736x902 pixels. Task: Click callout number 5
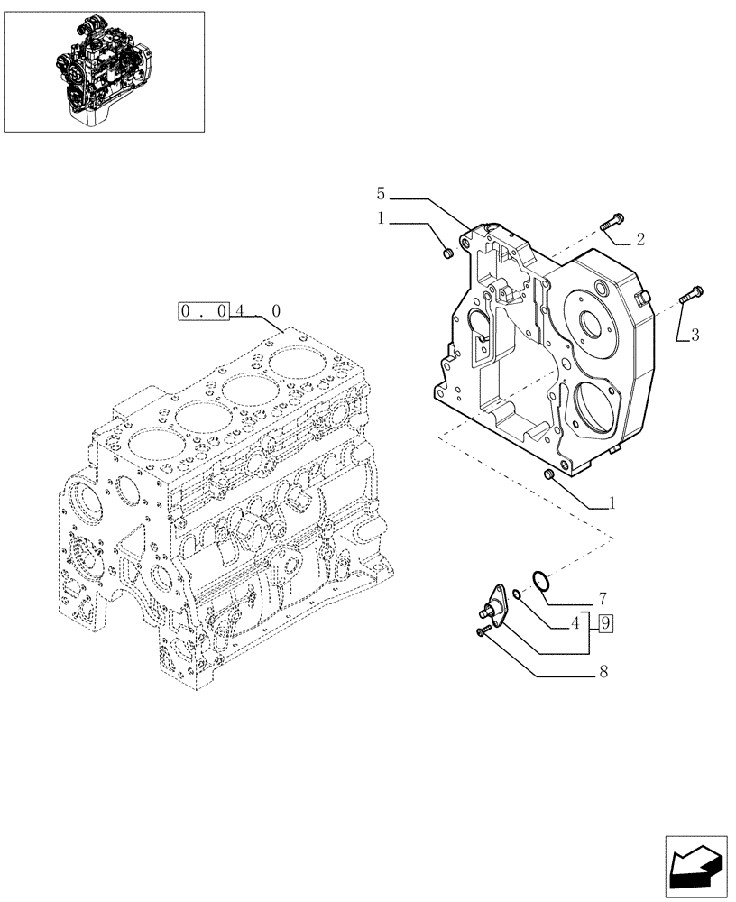pyautogui.click(x=382, y=194)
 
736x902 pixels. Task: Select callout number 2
pyautogui.click(x=639, y=240)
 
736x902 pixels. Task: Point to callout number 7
pyautogui.click(x=602, y=599)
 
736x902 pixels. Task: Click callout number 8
pyautogui.click(x=602, y=672)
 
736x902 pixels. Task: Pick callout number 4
pyautogui.click(x=574, y=622)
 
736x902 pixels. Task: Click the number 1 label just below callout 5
pyautogui.click(x=382, y=218)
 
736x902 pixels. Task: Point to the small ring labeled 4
pyautogui.click(x=515, y=594)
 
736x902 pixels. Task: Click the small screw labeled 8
pyautogui.click(x=483, y=633)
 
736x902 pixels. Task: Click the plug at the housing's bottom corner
pyautogui.click(x=550, y=474)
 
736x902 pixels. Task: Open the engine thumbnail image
pyautogui.click(x=104, y=70)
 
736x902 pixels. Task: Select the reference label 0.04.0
pyautogui.click(x=231, y=311)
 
